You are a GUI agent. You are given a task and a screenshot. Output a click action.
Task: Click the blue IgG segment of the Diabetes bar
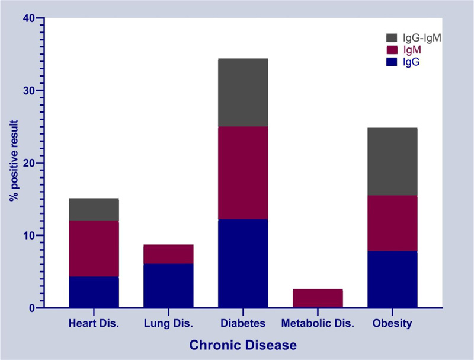point(243,263)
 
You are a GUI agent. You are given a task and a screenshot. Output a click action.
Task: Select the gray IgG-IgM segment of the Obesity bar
point(392,161)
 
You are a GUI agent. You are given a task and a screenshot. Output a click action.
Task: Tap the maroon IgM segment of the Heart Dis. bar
point(94,249)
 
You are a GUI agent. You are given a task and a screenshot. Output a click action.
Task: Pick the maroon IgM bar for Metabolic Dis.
point(318,298)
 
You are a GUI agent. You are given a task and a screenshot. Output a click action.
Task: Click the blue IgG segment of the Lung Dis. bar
point(168,286)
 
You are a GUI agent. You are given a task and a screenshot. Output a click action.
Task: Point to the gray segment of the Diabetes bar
point(243,93)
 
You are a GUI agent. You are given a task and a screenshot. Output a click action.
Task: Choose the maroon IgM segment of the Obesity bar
point(392,223)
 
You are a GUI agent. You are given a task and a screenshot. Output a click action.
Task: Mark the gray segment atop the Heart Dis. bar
point(94,209)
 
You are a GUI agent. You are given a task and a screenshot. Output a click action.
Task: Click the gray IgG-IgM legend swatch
point(392,38)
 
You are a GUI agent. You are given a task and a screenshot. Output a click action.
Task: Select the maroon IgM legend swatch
point(392,50)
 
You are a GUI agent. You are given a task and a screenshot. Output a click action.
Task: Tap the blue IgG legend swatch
point(392,62)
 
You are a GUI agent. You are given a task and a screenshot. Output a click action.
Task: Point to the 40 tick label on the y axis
point(29,18)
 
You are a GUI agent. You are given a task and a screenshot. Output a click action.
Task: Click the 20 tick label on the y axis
point(29,163)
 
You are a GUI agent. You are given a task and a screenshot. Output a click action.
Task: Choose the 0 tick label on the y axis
point(33,308)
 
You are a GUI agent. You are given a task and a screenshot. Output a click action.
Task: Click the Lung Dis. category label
point(168,323)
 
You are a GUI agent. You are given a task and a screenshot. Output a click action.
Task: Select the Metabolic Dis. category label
point(318,323)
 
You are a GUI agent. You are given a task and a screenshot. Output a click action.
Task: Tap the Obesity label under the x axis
point(392,324)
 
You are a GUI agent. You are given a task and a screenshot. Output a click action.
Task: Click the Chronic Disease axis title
point(243,345)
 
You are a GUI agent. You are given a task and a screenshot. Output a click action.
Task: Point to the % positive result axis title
point(14,160)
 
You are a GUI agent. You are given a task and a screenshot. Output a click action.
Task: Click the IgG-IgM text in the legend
point(422,38)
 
